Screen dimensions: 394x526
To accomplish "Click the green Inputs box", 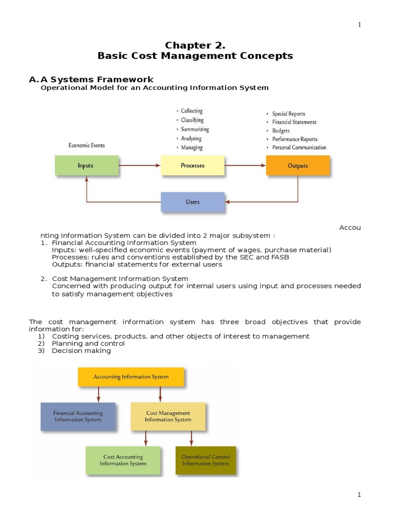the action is [x=87, y=165].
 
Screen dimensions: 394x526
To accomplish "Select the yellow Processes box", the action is [x=193, y=165].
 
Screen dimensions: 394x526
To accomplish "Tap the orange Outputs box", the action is [x=298, y=165].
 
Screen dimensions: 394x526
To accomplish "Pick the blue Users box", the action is [x=193, y=202].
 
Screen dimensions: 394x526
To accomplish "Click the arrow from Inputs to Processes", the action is [x=140, y=165].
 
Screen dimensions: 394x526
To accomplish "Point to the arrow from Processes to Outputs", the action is [x=245, y=165].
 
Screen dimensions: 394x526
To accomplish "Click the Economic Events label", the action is [x=87, y=145].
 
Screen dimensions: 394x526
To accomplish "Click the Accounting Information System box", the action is [x=131, y=377].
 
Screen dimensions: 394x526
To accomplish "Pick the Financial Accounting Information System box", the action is [x=78, y=416].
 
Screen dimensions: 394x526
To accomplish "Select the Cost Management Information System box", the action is [x=168, y=416].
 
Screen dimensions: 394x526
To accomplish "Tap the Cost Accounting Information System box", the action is [x=123, y=460].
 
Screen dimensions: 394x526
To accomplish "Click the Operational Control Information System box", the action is [x=206, y=460].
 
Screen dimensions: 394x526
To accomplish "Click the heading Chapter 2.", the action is [x=195, y=45].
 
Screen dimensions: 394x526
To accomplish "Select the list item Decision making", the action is [x=82, y=350].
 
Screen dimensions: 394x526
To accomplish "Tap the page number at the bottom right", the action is [x=359, y=495].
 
